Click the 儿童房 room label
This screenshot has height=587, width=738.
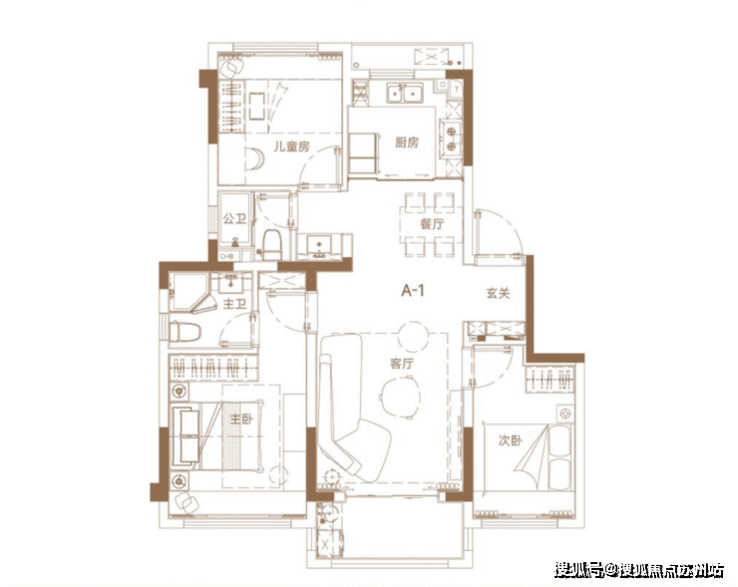[292, 147]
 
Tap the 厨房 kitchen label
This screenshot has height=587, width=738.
[407, 143]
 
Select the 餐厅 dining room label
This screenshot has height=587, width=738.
[432, 224]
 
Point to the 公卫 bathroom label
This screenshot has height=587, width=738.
[234, 218]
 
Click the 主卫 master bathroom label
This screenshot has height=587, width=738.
[234, 304]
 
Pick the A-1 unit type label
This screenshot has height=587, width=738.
[413, 291]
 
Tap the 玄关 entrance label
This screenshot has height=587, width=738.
[498, 293]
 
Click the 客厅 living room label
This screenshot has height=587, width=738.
[402, 363]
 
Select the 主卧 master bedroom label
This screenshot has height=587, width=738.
[241, 419]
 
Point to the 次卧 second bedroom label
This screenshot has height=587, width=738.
[511, 440]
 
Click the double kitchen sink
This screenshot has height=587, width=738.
[405, 93]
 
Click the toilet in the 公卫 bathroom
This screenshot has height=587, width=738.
[271, 243]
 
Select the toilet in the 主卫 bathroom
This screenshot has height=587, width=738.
[184, 332]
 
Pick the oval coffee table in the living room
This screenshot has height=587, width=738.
[400, 398]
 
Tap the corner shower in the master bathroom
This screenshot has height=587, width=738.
[190, 293]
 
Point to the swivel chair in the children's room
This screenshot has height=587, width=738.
[232, 67]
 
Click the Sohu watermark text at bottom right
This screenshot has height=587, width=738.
[638, 570]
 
